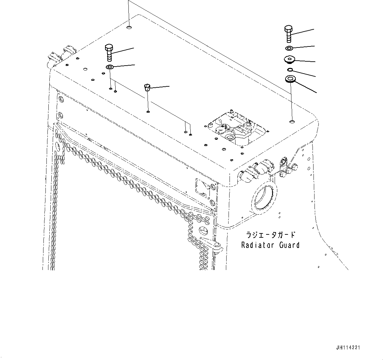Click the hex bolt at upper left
click(109, 52)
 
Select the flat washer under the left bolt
click(110, 68)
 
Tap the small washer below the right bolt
click(289, 49)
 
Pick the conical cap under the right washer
click(289, 60)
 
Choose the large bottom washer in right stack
click(290, 79)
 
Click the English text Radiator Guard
click(270, 245)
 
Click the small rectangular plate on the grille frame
click(203, 188)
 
